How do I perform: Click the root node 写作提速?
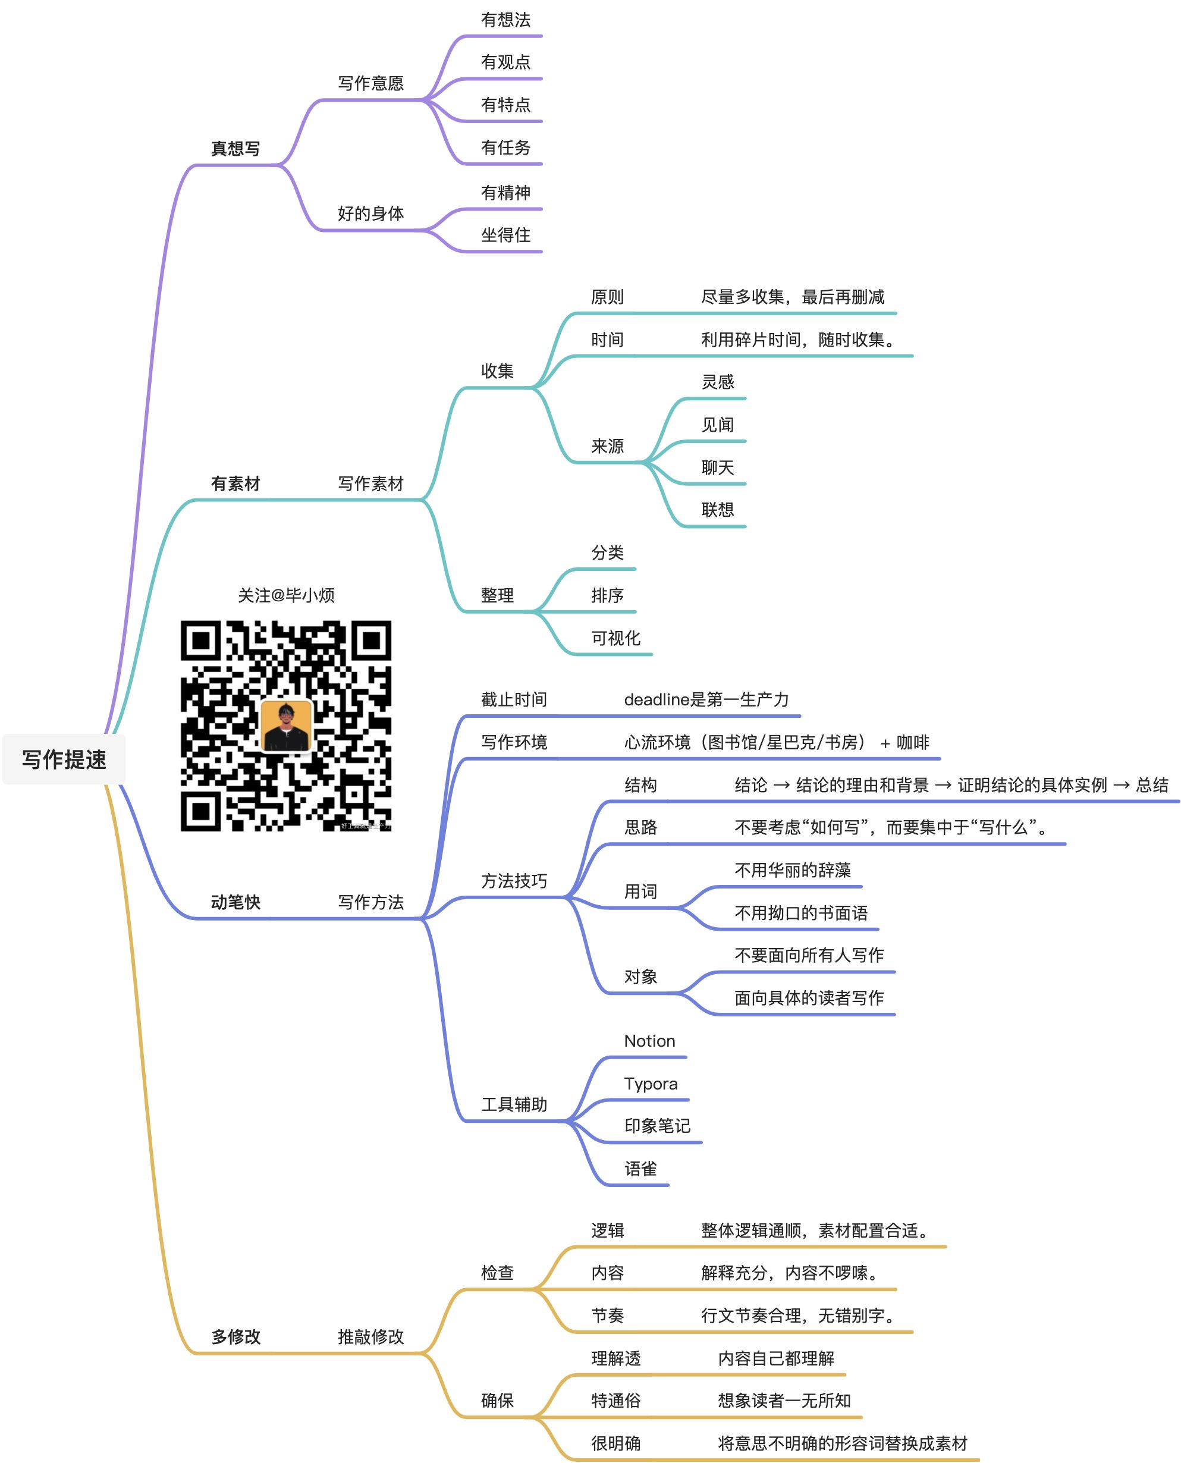(64, 759)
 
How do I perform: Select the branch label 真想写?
(235, 148)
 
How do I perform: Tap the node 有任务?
(505, 147)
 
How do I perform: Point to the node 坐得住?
(505, 235)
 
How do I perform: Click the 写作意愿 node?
(370, 83)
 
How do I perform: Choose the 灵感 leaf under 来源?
(718, 382)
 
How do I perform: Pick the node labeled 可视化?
(615, 638)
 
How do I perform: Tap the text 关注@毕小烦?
(285, 595)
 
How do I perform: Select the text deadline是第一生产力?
(706, 699)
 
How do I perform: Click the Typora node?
(651, 1084)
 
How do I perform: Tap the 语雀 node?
(641, 1169)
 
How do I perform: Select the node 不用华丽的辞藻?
(793, 869)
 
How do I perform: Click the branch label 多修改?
(235, 1336)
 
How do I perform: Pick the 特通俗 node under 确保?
(615, 1401)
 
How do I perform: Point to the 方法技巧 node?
(514, 881)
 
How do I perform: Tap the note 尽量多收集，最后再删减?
(793, 297)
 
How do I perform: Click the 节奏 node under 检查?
(608, 1316)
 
